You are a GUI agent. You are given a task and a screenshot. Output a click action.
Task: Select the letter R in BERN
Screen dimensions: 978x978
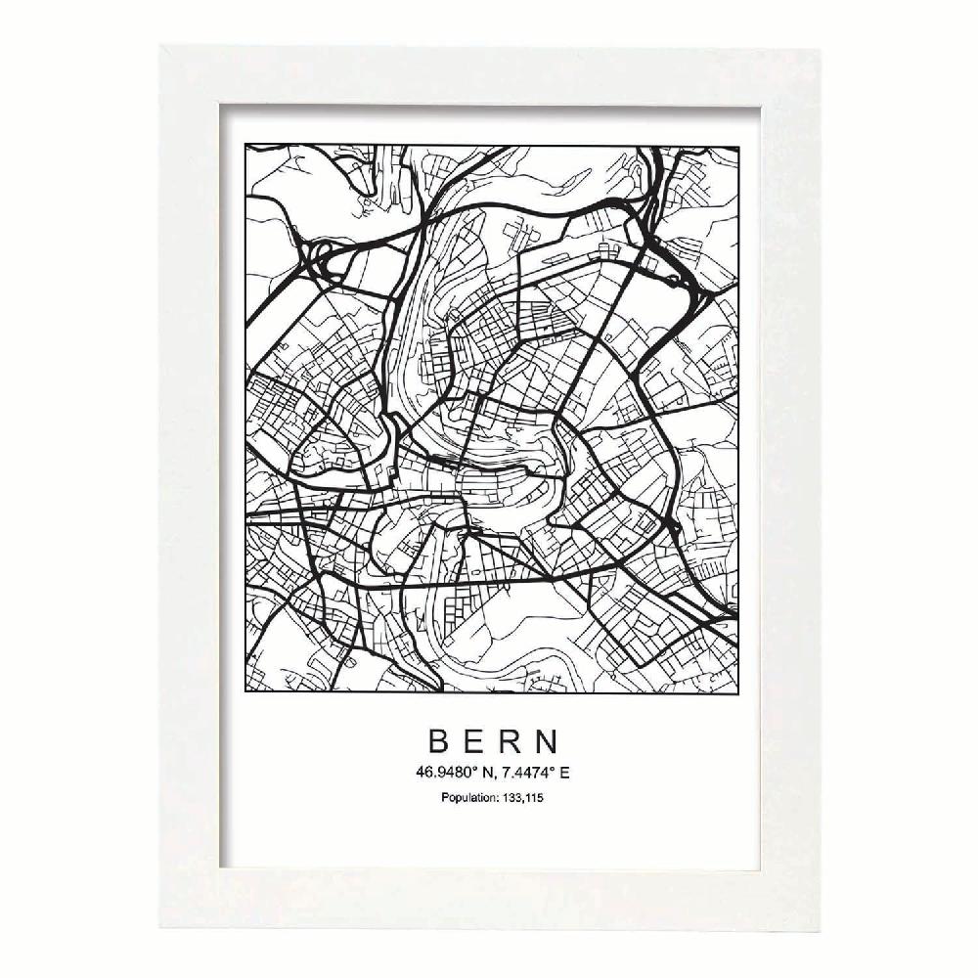coord(509,738)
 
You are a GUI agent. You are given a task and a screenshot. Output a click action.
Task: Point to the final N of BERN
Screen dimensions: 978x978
coord(545,738)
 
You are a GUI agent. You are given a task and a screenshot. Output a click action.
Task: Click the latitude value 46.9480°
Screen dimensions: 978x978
coord(445,772)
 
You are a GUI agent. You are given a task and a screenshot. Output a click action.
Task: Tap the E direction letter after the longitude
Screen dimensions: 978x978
coord(564,772)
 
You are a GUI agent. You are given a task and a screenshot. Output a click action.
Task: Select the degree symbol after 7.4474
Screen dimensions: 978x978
coord(555,768)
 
